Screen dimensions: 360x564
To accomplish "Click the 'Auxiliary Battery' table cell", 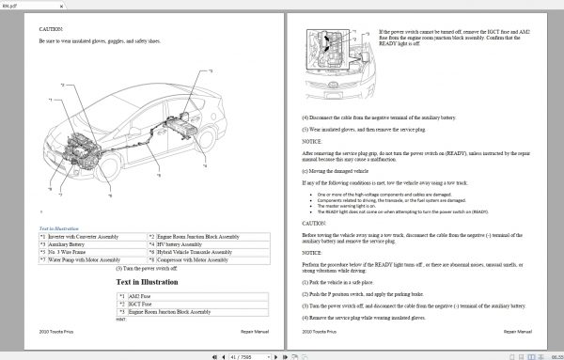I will click(76, 244).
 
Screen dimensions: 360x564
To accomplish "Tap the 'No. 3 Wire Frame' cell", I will click(76, 252).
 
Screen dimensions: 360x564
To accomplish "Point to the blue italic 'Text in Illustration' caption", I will click(60, 228).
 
